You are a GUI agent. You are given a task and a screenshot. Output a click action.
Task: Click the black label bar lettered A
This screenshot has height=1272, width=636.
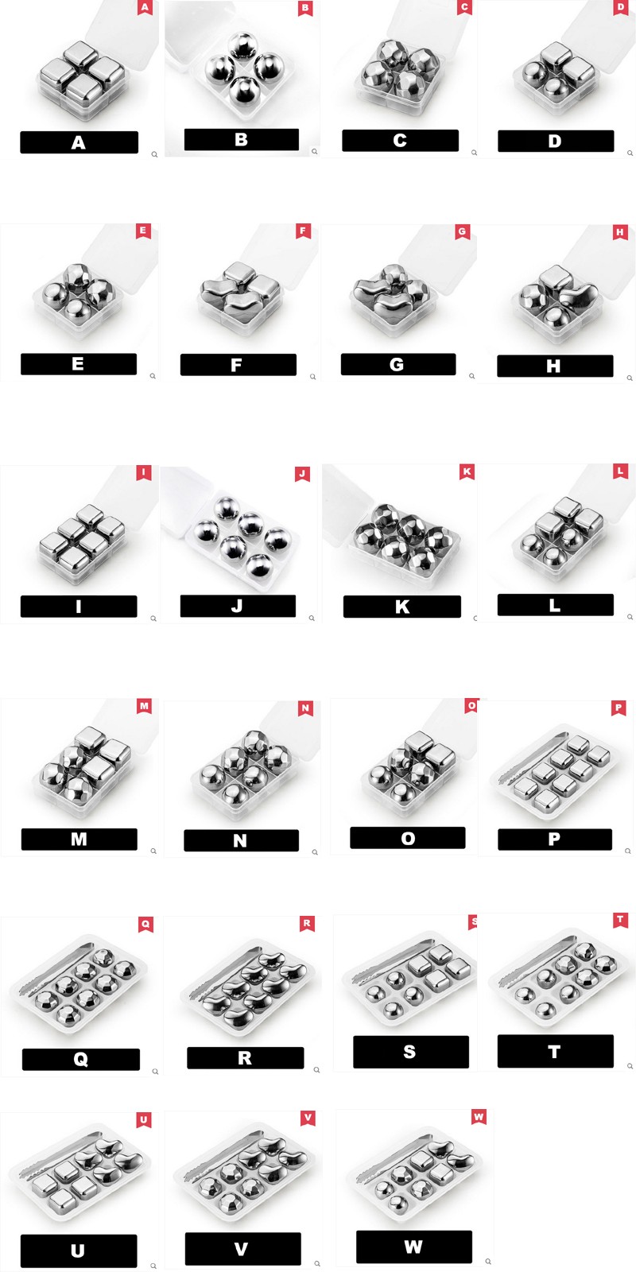[x=79, y=142]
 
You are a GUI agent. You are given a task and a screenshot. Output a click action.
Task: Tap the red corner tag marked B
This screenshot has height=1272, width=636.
[x=305, y=8]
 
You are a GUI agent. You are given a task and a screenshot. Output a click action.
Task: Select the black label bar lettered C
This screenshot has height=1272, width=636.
[x=400, y=140]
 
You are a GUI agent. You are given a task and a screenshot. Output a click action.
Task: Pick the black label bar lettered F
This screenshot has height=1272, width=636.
[x=238, y=365]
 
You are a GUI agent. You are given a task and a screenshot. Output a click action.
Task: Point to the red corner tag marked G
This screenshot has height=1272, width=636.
[x=462, y=231]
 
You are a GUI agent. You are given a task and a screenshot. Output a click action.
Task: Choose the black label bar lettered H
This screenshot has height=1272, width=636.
[x=555, y=366]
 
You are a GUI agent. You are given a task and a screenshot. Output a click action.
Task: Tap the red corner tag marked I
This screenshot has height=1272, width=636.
[x=144, y=473]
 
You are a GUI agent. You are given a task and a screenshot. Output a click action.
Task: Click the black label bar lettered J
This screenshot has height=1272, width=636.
[x=238, y=606]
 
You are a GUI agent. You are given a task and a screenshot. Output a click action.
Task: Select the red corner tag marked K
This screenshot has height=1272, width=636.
[x=467, y=472]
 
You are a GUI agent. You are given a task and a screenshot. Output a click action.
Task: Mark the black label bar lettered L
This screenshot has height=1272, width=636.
[x=556, y=605]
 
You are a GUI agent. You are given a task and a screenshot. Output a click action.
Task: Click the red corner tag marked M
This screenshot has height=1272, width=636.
[x=144, y=707]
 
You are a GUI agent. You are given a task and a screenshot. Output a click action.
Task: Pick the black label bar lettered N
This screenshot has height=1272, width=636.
[x=242, y=840]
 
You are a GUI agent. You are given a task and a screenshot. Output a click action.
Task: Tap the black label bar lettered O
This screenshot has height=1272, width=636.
[x=408, y=838]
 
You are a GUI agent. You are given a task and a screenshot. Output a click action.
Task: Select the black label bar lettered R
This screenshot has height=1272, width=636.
[x=246, y=1058]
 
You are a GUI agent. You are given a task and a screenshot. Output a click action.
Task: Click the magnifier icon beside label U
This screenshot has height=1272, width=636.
[x=153, y=1266]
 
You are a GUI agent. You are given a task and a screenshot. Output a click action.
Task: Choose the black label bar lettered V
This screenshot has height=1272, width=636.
[x=243, y=1249]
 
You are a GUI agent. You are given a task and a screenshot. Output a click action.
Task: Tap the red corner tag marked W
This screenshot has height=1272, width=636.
[x=479, y=1118]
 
